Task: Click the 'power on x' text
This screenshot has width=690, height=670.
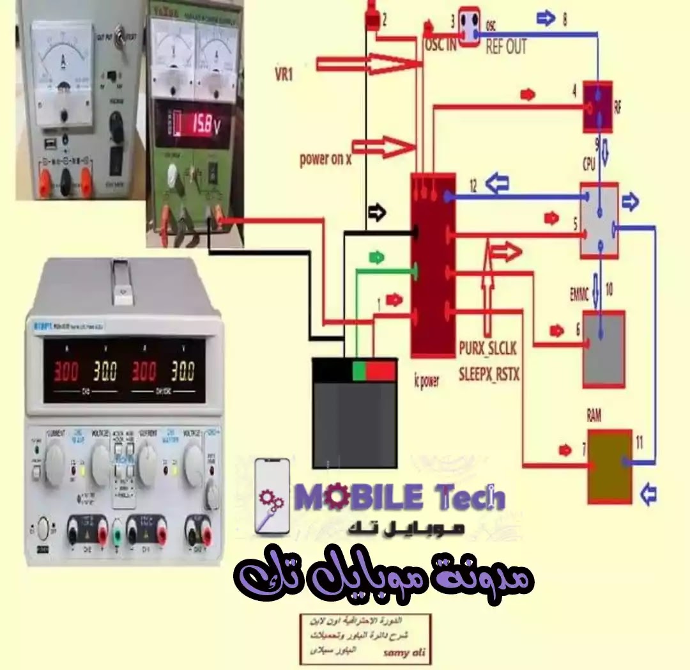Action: point(326,160)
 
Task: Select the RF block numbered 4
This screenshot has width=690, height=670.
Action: point(597,106)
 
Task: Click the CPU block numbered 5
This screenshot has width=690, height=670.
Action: point(599,221)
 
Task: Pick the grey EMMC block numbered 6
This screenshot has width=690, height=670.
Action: point(604,349)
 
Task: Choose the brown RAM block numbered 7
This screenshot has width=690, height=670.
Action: point(609,466)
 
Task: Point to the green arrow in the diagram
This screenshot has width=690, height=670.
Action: point(377,258)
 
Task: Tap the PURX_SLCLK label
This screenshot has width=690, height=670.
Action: point(487,348)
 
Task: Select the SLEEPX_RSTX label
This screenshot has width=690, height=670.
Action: point(489,374)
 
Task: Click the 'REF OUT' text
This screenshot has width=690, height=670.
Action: point(506,47)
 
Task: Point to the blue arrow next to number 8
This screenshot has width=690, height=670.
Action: point(546,19)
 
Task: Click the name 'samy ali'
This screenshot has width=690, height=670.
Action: point(404,653)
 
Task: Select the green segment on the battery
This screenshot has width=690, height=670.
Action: point(359,370)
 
